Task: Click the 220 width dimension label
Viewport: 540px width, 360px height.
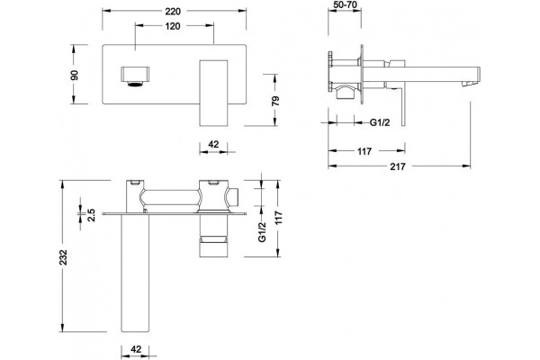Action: tap(173, 12)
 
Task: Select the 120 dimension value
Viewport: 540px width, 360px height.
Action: tap(173, 26)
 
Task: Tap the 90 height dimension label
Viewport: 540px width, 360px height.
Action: tap(75, 75)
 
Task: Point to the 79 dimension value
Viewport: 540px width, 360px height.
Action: tap(275, 101)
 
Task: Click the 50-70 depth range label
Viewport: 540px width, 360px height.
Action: tap(346, 4)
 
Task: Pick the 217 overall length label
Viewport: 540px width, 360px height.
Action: tap(398, 166)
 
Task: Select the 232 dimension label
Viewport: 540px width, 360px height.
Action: tap(63, 256)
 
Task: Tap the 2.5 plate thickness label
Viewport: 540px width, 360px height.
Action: tap(91, 214)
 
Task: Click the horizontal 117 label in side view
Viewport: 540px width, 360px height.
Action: tap(364, 151)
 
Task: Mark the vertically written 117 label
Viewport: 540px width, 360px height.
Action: tap(278, 218)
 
